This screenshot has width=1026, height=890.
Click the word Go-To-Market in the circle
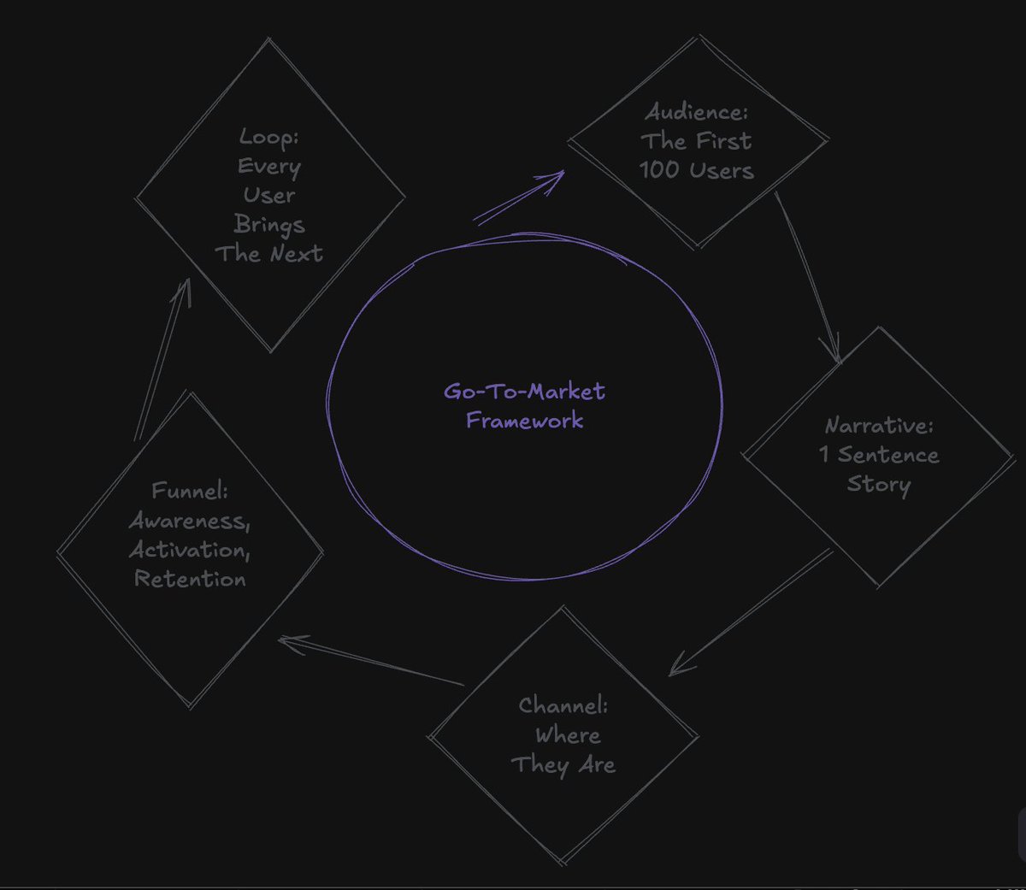524,392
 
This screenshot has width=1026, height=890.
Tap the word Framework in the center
524,421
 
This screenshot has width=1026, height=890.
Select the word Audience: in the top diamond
696,112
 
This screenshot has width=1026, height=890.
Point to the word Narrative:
878,426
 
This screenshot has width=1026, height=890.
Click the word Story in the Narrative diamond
878,484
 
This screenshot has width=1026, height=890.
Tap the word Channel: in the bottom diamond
563,705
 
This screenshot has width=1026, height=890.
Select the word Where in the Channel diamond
568,735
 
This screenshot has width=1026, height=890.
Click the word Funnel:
189,491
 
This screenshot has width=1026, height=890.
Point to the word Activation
188,550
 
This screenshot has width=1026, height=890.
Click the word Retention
189,579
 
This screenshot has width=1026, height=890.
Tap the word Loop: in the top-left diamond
268,137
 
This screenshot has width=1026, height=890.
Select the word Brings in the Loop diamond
268,225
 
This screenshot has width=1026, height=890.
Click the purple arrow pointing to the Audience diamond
518,197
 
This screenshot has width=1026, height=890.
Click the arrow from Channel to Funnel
371,661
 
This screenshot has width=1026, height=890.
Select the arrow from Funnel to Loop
162,359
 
